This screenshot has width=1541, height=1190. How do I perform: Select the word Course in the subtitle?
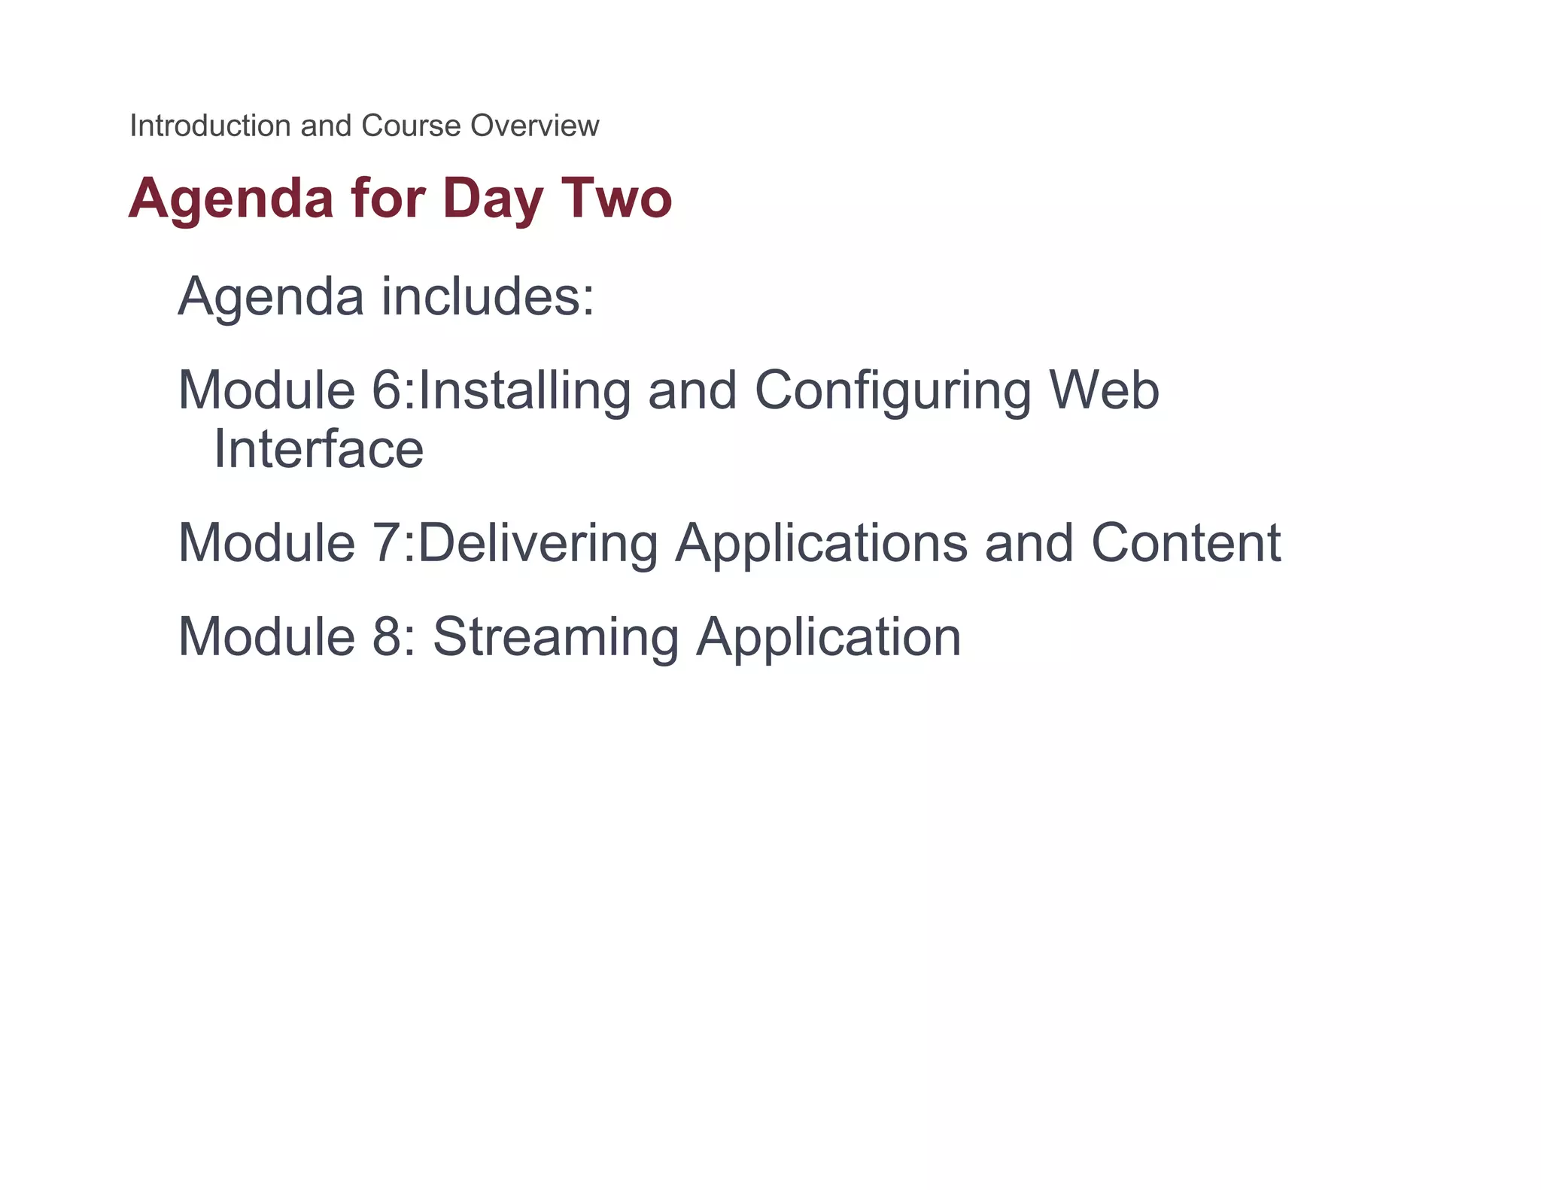pyautogui.click(x=410, y=126)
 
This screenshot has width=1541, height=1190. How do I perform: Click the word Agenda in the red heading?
pyautogui.click(x=231, y=199)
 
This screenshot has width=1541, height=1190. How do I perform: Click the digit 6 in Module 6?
pyautogui.click(x=388, y=390)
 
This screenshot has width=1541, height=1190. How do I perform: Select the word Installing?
pyautogui.click(x=524, y=392)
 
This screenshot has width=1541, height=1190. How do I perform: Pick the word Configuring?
pyautogui.click(x=892, y=392)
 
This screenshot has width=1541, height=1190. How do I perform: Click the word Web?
pyautogui.click(x=1104, y=390)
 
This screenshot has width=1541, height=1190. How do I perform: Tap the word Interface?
pyautogui.click(x=319, y=449)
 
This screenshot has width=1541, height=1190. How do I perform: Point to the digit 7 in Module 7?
pyautogui.click(x=388, y=542)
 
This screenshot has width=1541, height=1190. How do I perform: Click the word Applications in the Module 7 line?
pyautogui.click(x=821, y=544)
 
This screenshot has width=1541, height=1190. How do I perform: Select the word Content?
pyautogui.click(x=1186, y=542)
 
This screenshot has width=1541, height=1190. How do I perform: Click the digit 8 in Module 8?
pyautogui.click(x=388, y=636)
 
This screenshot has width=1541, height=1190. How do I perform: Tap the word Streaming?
pyautogui.click(x=556, y=638)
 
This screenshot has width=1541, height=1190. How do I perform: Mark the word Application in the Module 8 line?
pyautogui.click(x=828, y=638)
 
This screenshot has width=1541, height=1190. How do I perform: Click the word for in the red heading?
pyautogui.click(x=388, y=198)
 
